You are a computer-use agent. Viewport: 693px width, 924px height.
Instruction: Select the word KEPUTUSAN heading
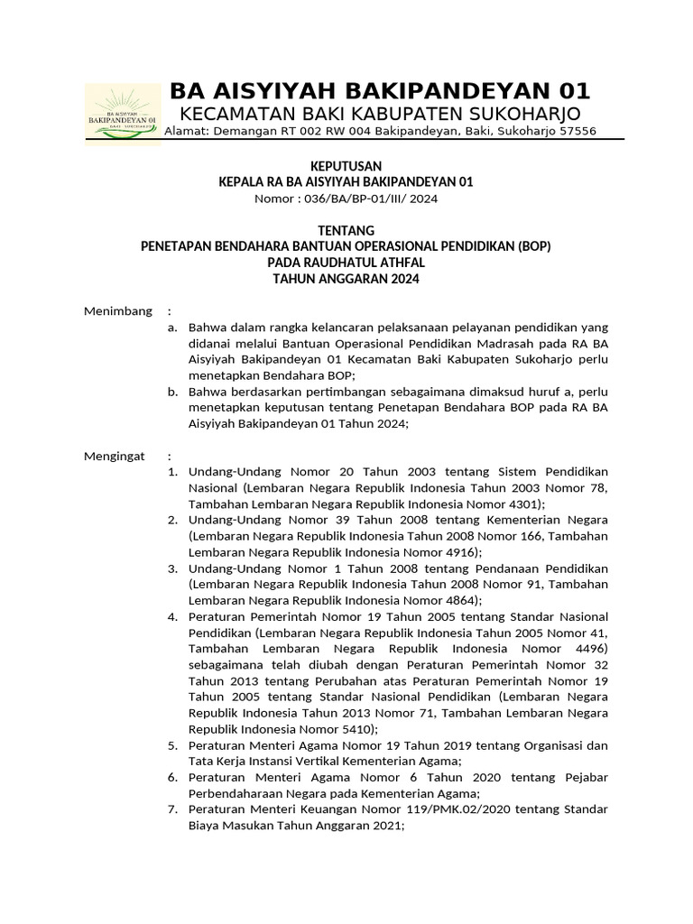[x=346, y=166]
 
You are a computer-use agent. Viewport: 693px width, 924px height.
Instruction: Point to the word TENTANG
[x=346, y=231]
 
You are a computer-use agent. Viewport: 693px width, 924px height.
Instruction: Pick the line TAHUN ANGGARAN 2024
[x=346, y=279]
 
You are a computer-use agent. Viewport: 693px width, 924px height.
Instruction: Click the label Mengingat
[x=115, y=456]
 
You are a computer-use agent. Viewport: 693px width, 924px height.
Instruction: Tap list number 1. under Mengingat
[x=173, y=472]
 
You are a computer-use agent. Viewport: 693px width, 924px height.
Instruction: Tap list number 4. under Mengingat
[x=173, y=617]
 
